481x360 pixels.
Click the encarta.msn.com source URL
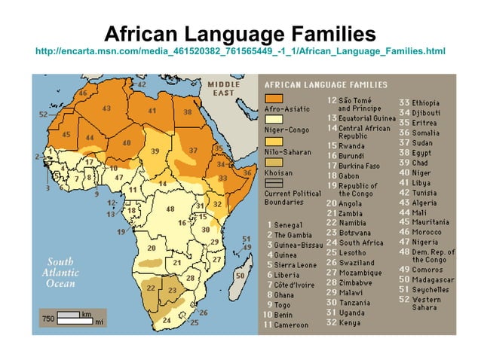240,51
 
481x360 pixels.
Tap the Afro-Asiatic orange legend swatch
274,99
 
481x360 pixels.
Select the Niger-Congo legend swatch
274,120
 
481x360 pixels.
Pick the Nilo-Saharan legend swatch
274,141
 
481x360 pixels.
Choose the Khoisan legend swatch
274,162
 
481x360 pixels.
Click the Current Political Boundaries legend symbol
274,182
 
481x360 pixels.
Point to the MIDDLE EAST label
224,87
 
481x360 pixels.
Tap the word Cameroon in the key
292,325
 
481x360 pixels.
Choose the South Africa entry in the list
361,243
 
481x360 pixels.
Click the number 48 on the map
170,209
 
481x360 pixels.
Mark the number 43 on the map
107,108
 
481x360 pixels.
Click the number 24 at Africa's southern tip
167,320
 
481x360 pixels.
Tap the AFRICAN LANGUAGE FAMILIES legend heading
326,84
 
